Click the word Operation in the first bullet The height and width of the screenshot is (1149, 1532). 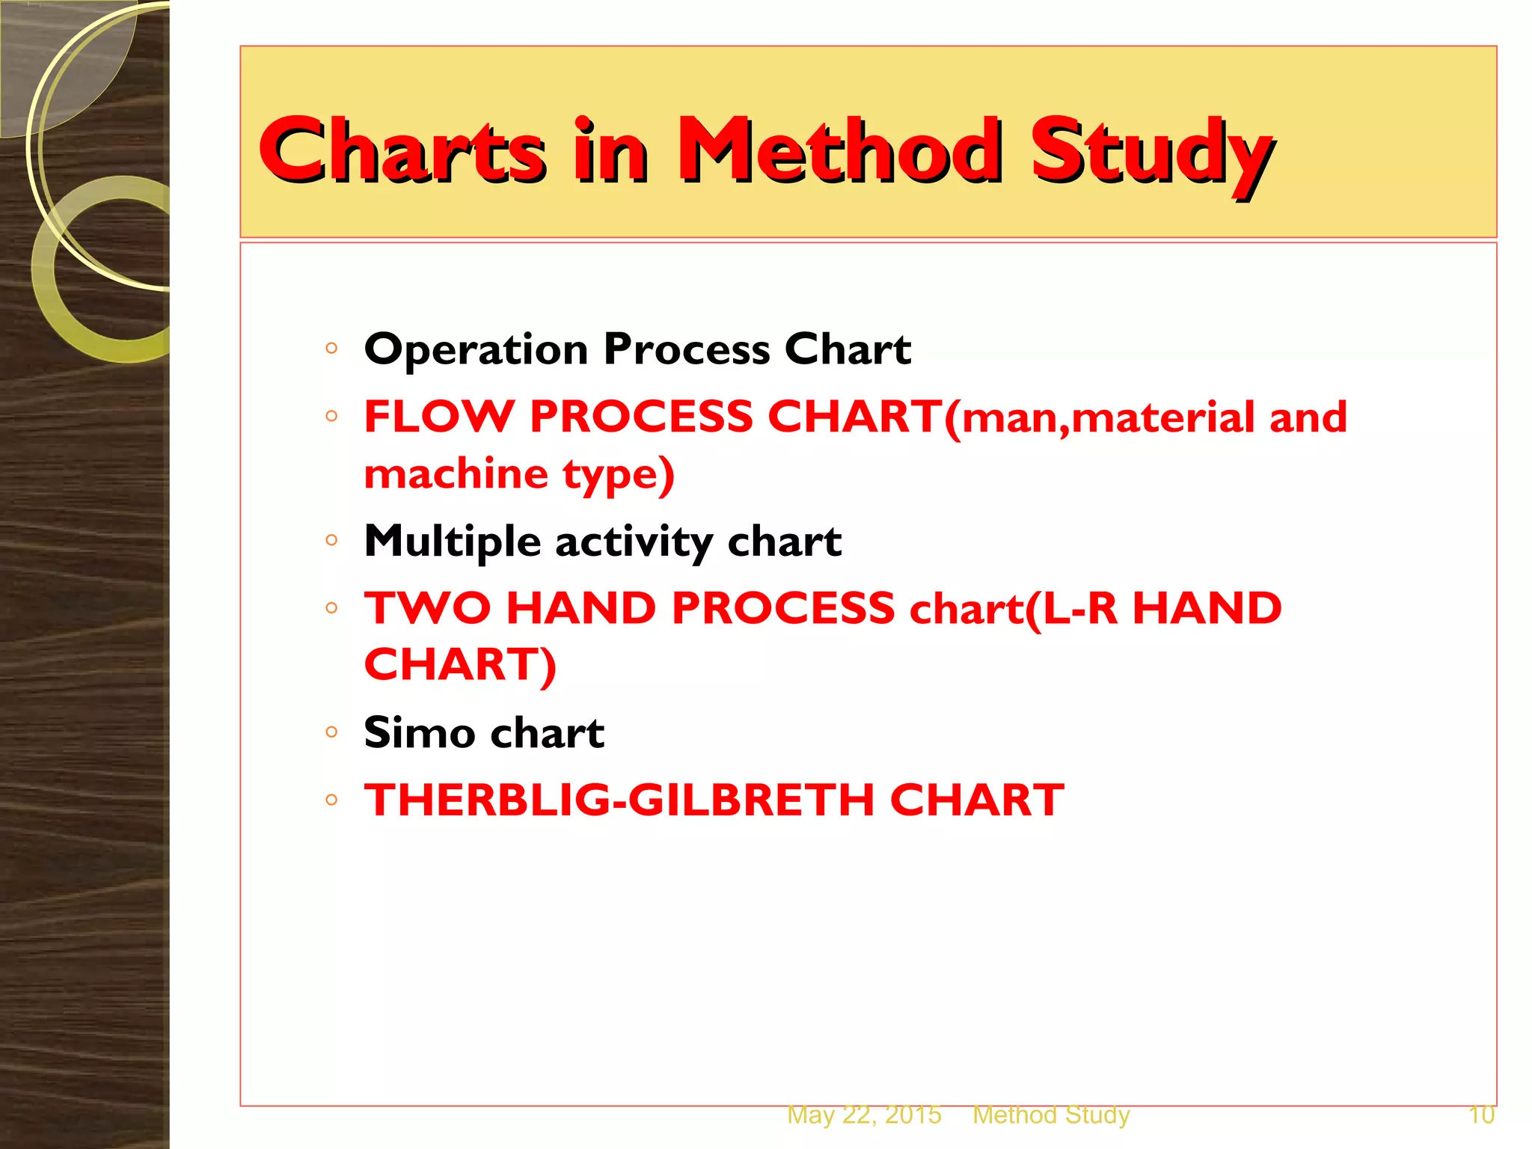[x=476, y=349]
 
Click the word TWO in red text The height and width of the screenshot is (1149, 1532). [x=427, y=607]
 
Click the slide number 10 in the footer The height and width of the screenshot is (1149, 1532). [x=1481, y=1115]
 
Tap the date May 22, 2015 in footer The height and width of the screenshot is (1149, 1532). [x=864, y=1115]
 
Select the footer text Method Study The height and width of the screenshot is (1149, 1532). [x=1051, y=1115]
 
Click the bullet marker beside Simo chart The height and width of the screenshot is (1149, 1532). [x=332, y=732]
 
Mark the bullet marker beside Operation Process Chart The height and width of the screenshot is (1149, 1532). [x=332, y=348]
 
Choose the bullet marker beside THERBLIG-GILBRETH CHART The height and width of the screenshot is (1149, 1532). [x=332, y=800]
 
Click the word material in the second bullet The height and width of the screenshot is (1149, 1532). [x=1164, y=417]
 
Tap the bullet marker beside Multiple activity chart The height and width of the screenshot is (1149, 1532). [x=332, y=540]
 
